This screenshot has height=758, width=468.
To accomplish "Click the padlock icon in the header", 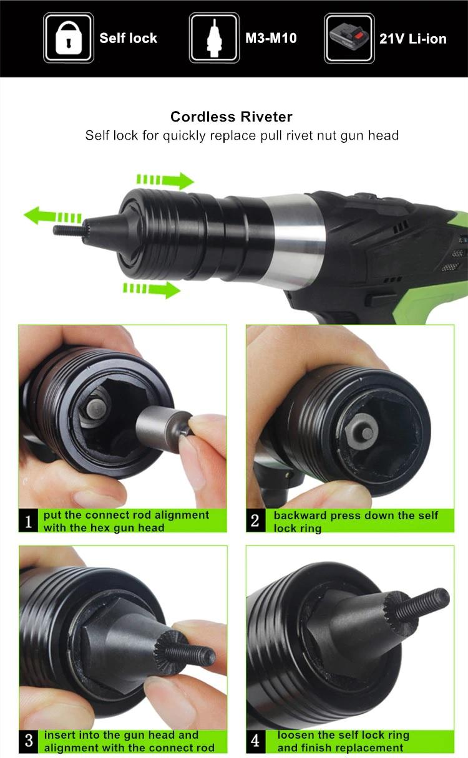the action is pyautogui.click(x=69, y=37).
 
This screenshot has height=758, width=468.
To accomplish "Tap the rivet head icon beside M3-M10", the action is pyautogui.click(x=214, y=37).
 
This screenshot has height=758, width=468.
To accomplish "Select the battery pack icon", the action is pyautogui.click(x=349, y=38).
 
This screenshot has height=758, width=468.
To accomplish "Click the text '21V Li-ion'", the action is pyautogui.click(x=413, y=39).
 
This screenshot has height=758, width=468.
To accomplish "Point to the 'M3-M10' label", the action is pyautogui.click(x=271, y=38).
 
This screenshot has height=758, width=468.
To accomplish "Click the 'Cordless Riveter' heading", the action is pyautogui.click(x=232, y=117).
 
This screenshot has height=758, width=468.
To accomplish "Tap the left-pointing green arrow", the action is pyautogui.click(x=53, y=216).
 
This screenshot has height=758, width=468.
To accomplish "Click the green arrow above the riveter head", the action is pyautogui.click(x=165, y=180).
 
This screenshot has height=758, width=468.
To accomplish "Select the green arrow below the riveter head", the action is pyautogui.click(x=152, y=290).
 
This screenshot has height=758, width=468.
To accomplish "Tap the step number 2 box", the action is pyautogui.click(x=255, y=521).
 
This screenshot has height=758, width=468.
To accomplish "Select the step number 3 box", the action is pyautogui.click(x=29, y=741).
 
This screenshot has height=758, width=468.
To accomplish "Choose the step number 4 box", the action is pyautogui.click(x=255, y=741).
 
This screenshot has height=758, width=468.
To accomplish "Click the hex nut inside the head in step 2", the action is pyautogui.click(x=362, y=431).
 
